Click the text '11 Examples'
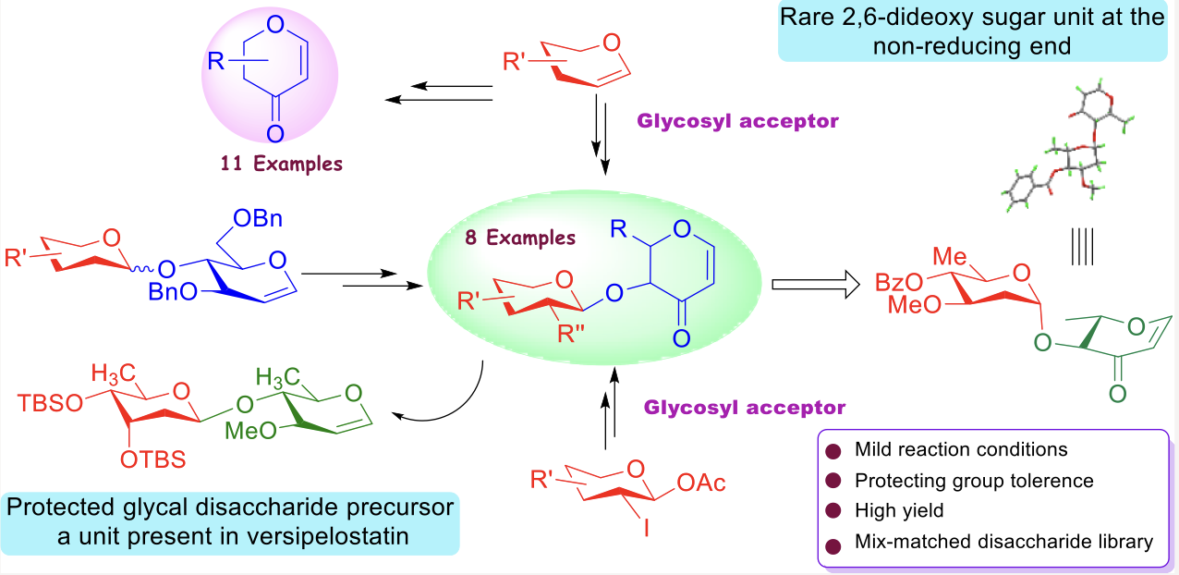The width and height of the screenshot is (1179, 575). point(281,164)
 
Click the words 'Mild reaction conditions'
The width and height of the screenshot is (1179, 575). point(961,450)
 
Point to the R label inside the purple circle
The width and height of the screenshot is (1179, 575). point(215,63)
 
